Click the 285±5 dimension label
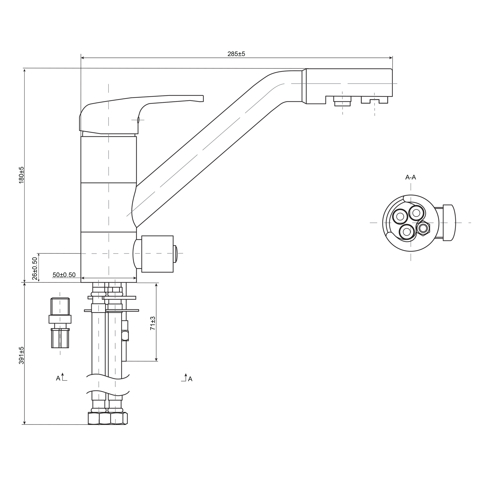click(236, 54)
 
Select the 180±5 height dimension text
click(22, 175)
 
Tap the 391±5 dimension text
click(22, 355)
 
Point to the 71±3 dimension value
click(153, 323)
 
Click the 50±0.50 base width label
click(64, 275)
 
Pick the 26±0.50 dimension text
click(35, 269)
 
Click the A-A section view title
click(411, 177)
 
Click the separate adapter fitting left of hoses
click(60, 323)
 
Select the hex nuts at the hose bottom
click(108, 418)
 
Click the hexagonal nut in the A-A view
click(423, 228)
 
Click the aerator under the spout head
click(343, 101)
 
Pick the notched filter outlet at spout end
click(375, 100)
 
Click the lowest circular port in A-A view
click(407, 232)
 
